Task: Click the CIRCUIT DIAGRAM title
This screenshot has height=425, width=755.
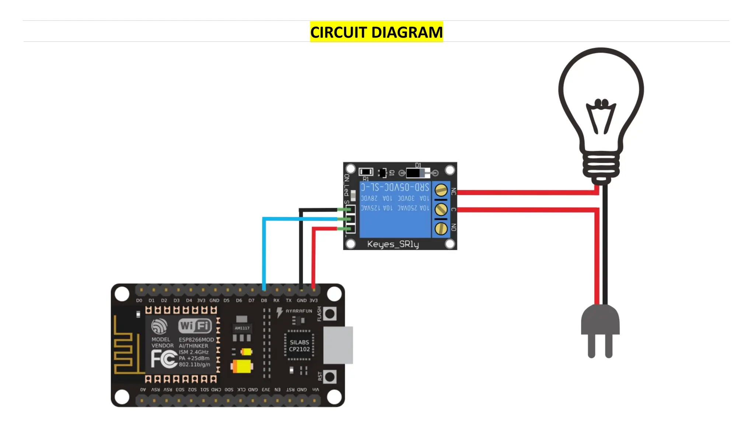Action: pos(376,32)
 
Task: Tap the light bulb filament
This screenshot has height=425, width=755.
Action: pos(601,116)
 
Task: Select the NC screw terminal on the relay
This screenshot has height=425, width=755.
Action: pos(441,190)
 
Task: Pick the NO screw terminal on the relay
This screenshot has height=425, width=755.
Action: pos(441,229)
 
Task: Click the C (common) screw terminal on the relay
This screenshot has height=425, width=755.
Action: pos(441,210)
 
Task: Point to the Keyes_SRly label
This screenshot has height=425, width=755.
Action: pos(393,244)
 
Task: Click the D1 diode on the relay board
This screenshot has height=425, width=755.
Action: pos(418,173)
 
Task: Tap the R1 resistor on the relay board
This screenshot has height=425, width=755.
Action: pos(366,172)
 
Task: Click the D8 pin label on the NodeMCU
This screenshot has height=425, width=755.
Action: pos(264,300)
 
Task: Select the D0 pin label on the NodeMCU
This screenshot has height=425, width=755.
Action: pos(139,300)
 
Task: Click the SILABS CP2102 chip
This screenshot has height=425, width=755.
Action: pos(299,346)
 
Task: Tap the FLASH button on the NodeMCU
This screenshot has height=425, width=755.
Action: pos(330,314)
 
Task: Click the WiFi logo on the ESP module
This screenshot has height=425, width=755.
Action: pos(195,326)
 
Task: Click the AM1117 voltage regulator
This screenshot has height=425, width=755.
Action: pos(242,328)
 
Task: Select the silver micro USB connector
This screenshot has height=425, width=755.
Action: pos(338,345)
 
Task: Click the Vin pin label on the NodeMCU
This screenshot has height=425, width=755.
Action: pos(316,390)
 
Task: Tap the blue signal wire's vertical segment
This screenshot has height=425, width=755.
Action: pos(264,255)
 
